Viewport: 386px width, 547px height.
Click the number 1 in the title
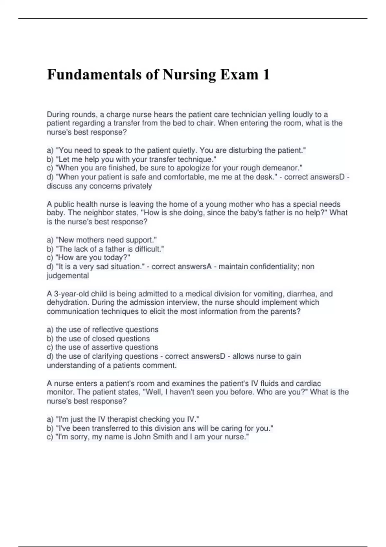(x=266, y=75)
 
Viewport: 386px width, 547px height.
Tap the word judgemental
(x=68, y=276)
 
